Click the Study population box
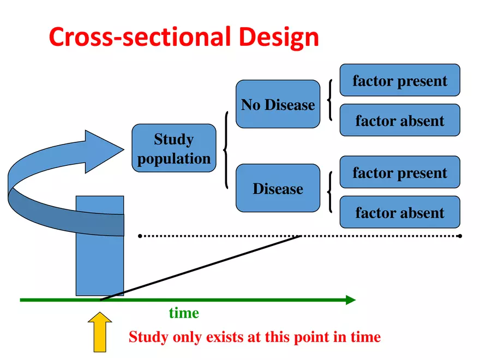click(x=173, y=148)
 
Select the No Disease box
click(x=278, y=104)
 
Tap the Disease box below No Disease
click(x=278, y=188)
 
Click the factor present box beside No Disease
click(x=399, y=80)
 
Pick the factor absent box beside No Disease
click(x=399, y=120)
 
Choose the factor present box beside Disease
click(x=399, y=172)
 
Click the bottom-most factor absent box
click(x=399, y=212)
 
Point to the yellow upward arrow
click(x=100, y=331)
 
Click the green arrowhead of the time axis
click(x=350, y=300)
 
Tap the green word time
click(x=184, y=313)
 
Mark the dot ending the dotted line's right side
click(x=460, y=236)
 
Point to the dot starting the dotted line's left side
click(x=140, y=236)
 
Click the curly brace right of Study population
click(x=225, y=149)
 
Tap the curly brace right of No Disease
click(x=329, y=99)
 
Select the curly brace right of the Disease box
click(x=329, y=192)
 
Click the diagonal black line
click(x=202, y=267)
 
